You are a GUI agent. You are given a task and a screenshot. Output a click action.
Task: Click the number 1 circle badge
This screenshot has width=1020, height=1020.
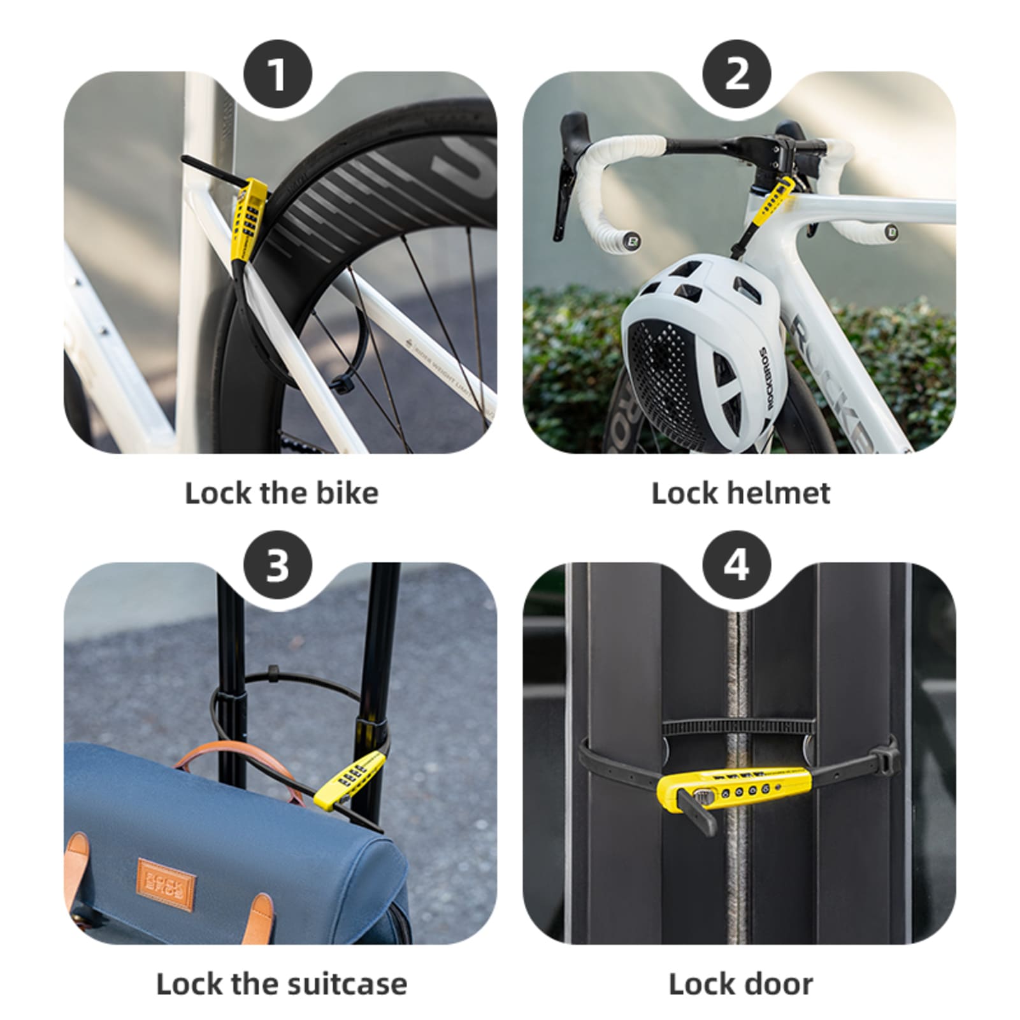278,75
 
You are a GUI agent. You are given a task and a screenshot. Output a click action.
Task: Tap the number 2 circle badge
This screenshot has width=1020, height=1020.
736,75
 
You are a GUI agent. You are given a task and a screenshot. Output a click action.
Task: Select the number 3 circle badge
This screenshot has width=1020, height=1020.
278,565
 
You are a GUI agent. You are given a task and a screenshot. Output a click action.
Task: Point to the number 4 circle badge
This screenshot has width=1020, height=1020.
736,565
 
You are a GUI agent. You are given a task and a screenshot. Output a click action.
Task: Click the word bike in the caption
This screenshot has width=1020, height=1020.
348,493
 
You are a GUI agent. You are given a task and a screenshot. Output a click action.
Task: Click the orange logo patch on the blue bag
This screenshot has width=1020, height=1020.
166,885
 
